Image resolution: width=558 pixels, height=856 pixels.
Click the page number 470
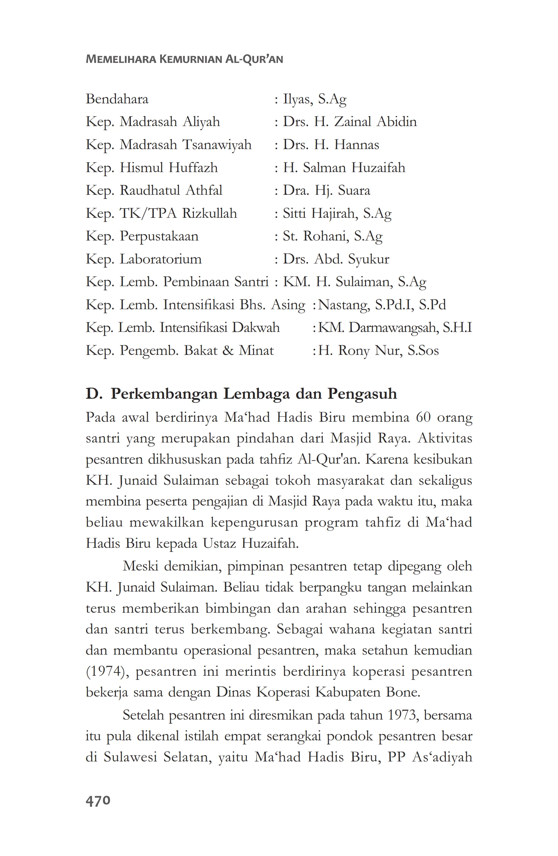click(98, 801)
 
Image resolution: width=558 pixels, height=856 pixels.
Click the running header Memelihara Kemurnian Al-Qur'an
click(184, 59)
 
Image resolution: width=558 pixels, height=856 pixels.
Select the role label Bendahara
click(117, 99)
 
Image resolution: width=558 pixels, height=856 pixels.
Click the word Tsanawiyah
click(217, 145)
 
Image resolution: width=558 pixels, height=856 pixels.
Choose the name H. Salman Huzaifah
click(344, 168)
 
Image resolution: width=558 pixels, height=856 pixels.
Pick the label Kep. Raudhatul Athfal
click(154, 190)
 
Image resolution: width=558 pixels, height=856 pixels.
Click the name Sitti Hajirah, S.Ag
click(337, 213)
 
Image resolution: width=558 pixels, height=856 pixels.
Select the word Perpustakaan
click(159, 236)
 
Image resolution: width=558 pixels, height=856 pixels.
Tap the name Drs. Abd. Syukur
click(336, 259)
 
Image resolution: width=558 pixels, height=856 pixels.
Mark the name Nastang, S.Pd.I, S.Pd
click(382, 305)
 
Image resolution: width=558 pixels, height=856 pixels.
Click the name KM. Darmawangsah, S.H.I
click(395, 328)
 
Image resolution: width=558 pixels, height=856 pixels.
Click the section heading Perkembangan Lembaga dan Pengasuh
click(254, 394)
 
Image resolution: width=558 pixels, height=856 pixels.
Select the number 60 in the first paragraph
click(423, 417)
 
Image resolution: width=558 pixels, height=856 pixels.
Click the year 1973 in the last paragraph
click(402, 715)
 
